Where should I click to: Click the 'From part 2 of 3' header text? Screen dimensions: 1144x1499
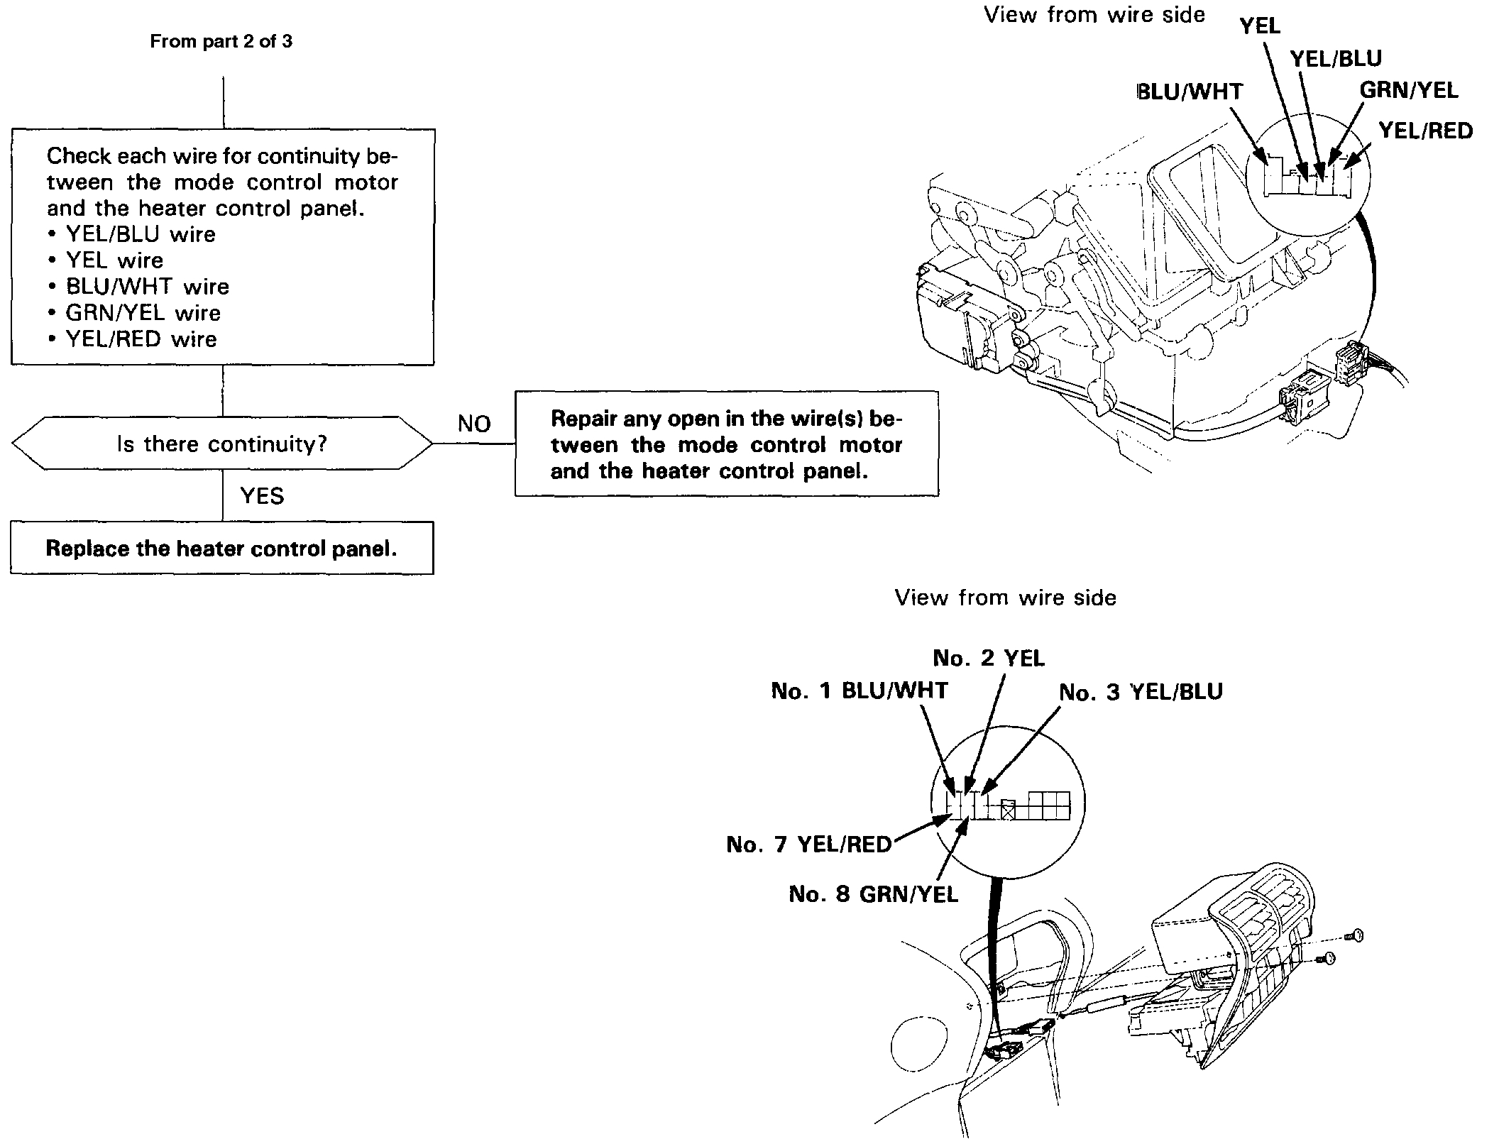[x=221, y=41]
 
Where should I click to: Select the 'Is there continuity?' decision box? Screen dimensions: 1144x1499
[x=221, y=444]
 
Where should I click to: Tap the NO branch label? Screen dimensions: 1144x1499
[x=474, y=424]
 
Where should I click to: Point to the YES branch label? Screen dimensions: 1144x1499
[x=262, y=495]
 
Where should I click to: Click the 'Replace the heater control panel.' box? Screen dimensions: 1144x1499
[x=221, y=548]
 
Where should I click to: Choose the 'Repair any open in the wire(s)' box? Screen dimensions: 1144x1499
[x=726, y=444]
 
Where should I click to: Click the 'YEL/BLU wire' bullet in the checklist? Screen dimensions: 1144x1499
[x=140, y=234]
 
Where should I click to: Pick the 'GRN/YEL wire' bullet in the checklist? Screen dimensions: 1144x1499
[x=143, y=312]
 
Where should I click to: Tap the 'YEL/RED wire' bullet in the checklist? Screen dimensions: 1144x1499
[x=141, y=339]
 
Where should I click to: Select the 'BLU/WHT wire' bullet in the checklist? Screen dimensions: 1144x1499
[x=147, y=286]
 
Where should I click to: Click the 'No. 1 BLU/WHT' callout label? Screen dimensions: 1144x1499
[x=859, y=691]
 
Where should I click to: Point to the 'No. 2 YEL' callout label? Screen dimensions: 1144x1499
[x=989, y=658]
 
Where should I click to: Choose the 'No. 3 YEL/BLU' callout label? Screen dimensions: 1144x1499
[x=1141, y=692]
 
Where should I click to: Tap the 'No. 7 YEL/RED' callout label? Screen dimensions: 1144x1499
[x=808, y=844]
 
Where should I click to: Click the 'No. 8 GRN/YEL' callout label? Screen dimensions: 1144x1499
[x=873, y=893]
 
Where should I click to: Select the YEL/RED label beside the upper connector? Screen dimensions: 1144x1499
[x=1425, y=131]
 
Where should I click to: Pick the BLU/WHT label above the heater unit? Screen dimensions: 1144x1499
[x=1190, y=92]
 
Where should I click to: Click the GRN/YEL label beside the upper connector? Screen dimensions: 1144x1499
[x=1408, y=90]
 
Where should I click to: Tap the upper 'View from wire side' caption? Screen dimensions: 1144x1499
[x=1094, y=15]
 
